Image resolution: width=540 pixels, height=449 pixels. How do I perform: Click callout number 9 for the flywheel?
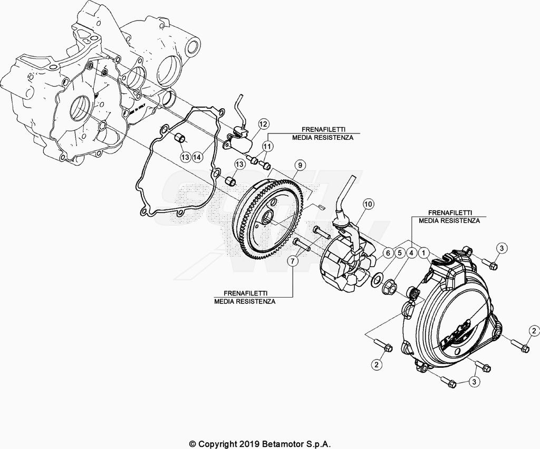300,165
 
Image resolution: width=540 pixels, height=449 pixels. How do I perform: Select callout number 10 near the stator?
368,204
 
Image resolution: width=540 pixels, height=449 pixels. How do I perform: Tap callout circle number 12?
263,123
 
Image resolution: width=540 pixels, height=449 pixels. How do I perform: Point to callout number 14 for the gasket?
197,157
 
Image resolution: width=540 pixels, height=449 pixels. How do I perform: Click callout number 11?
267,147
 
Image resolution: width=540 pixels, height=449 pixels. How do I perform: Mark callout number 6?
388,253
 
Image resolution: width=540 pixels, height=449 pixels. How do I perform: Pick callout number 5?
400,253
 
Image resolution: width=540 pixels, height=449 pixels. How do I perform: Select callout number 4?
411,253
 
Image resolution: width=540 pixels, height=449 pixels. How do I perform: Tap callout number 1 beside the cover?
424,253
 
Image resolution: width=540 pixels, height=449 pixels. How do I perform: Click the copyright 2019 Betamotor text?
260,444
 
